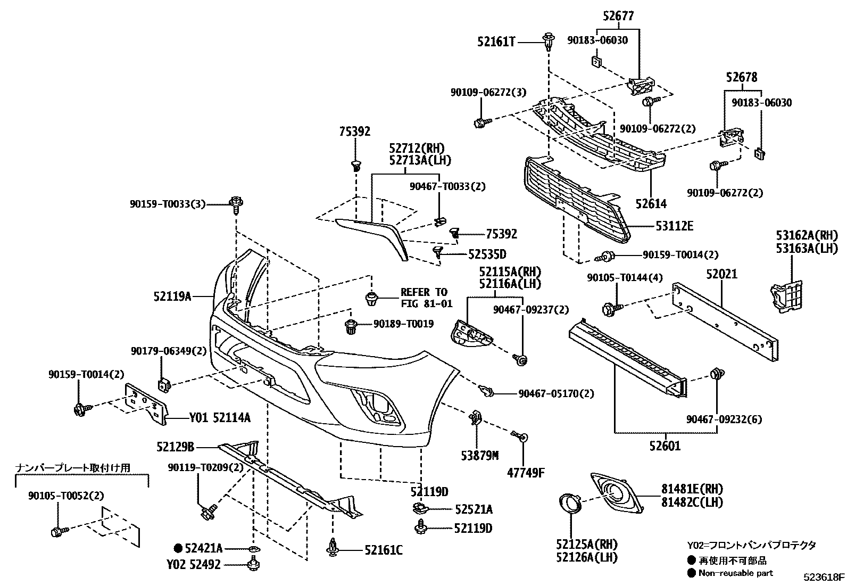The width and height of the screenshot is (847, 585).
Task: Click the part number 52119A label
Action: tap(172, 296)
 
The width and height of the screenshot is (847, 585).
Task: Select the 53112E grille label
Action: tap(674, 226)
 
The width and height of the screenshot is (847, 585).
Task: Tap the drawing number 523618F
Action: tap(824, 577)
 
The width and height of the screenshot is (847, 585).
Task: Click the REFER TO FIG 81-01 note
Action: tap(426, 298)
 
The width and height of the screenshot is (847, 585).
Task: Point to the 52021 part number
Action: tap(721, 274)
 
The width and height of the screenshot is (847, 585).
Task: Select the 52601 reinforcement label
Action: tap(665, 446)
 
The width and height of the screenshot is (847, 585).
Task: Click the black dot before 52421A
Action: tap(178, 548)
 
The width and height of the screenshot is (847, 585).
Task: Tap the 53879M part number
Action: tap(479, 455)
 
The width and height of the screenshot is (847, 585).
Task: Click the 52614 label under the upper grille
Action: tap(651, 203)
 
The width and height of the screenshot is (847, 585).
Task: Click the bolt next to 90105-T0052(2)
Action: tap(57, 531)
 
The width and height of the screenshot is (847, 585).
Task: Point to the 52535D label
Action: tap(487, 254)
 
